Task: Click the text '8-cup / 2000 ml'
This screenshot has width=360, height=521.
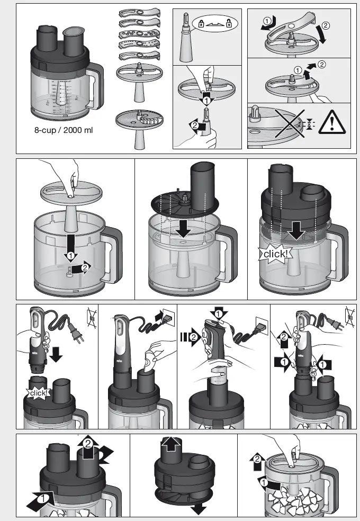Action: (63, 130)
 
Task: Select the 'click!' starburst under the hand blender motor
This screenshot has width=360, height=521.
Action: (40, 393)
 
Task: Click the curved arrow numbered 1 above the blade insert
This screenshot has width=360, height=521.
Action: (267, 21)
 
